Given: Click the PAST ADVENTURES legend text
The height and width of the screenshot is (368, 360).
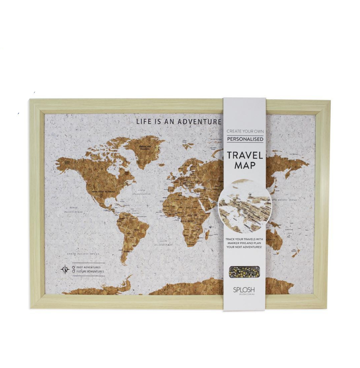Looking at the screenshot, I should coord(88,267).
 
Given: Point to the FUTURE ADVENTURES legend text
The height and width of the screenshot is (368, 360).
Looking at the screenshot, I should coord(90,271).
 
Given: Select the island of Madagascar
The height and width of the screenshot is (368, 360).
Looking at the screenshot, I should coord(207,234).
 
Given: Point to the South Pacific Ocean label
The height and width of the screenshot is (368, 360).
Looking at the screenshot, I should coord(82,254).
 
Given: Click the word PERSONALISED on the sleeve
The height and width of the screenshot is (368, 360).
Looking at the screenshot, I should coord(245,139).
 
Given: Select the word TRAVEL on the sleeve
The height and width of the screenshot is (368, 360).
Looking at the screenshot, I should coord(245,156).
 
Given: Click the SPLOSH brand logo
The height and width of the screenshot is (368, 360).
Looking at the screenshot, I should coord(245,289).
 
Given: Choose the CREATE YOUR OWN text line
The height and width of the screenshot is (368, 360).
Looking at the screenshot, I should coord(245,131).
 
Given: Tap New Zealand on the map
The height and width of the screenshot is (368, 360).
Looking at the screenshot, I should coord(295,252).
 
